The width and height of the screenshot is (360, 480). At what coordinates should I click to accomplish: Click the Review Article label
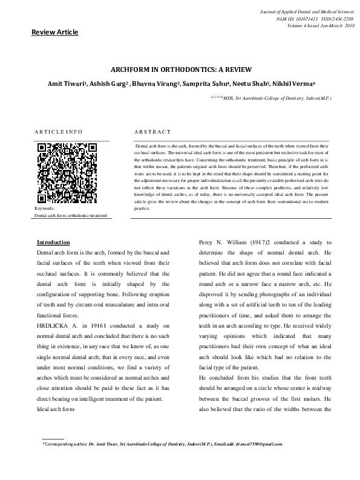pyautogui.click(x=55, y=32)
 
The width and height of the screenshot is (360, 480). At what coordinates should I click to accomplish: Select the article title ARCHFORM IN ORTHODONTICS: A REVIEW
pyautogui.click(x=180, y=71)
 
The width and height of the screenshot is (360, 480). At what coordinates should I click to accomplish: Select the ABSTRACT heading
pyautogui.click(x=152, y=131)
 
